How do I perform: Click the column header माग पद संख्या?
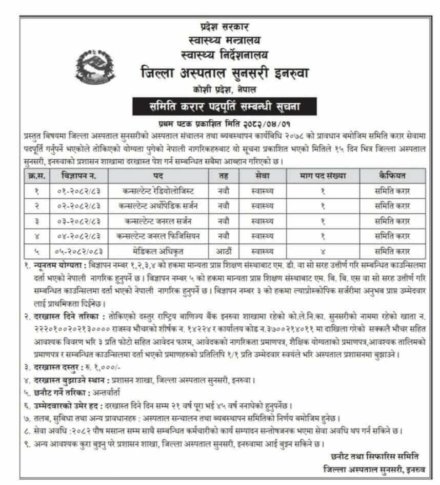[x=323, y=176]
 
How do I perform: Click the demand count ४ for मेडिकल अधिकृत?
[x=323, y=252]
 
